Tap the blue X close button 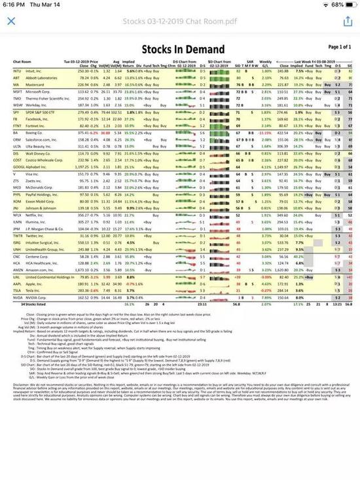[11, 21]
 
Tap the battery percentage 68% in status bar [334, 5]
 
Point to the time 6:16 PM [14, 5]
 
